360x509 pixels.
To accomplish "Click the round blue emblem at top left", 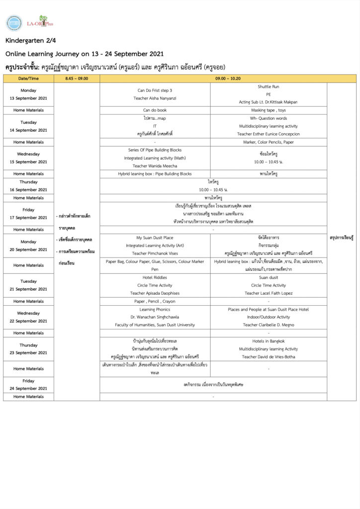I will point(14,23).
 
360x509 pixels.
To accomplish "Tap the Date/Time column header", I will point(28,79).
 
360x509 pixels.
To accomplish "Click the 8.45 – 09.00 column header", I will point(77,79).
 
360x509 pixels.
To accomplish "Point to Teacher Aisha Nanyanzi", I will point(155,98).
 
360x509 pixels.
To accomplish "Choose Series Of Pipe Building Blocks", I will point(155,150).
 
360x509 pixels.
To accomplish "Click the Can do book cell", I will point(155,110).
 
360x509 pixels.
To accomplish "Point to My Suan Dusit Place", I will point(155,238).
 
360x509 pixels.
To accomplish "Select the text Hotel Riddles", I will point(155,277).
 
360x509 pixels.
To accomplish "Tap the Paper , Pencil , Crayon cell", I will point(155,301).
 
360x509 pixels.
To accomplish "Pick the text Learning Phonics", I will point(155,309).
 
